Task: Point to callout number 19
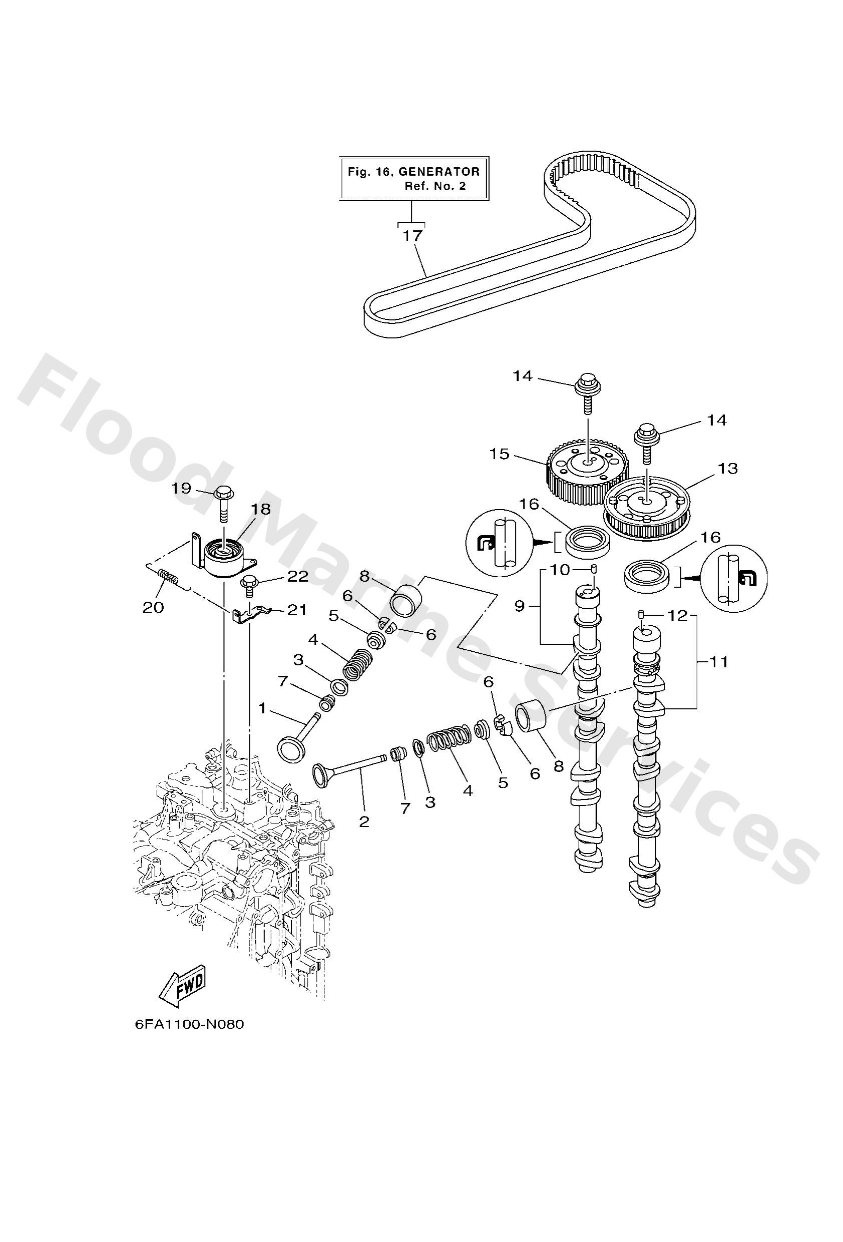pyautogui.click(x=181, y=488)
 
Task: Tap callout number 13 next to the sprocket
pyautogui.click(x=728, y=468)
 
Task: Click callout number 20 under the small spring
pyautogui.click(x=153, y=607)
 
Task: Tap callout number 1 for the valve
pyautogui.click(x=262, y=708)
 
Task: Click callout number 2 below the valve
pyautogui.click(x=364, y=821)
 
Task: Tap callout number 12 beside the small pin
pyautogui.click(x=677, y=616)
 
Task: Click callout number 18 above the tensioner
pyautogui.click(x=262, y=509)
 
